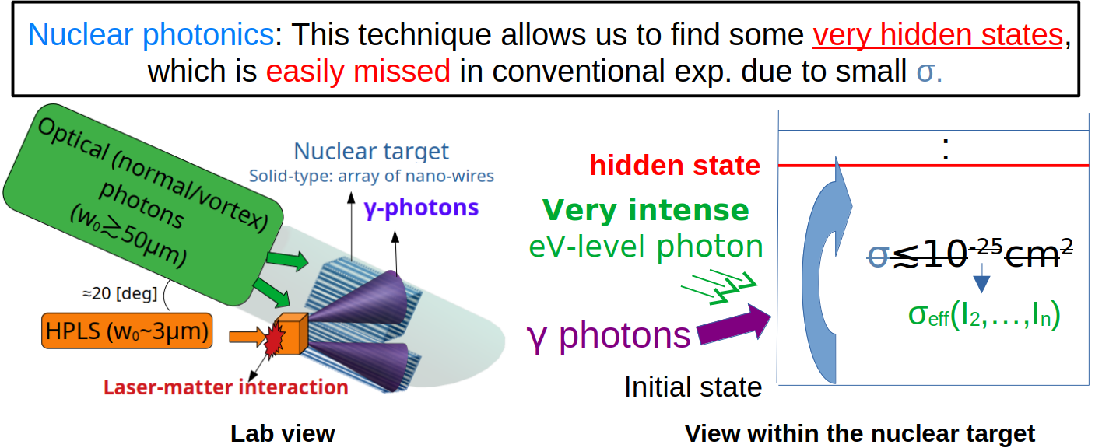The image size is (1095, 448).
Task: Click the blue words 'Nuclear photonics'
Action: [x=150, y=35]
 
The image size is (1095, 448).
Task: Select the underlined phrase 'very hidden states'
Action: [x=938, y=35]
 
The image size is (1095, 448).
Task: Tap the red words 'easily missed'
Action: [x=358, y=71]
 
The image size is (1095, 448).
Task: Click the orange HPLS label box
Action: [x=127, y=331]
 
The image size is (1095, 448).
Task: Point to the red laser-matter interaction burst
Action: [x=274, y=338]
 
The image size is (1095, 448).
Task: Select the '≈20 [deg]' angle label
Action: [x=120, y=293]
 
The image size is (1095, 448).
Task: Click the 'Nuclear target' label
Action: [x=371, y=152]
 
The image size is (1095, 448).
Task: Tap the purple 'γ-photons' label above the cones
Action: [x=421, y=208]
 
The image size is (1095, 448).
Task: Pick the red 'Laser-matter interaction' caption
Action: [x=226, y=387]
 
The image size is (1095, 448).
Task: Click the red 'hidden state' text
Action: [x=675, y=165]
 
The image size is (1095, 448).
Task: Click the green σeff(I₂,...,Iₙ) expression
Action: [x=984, y=315]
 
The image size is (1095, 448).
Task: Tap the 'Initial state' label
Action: [x=693, y=387]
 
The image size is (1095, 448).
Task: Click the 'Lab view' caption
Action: [x=283, y=433]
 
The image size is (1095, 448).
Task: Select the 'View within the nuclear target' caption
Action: [x=859, y=433]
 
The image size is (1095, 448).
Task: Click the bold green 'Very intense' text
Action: [x=646, y=210]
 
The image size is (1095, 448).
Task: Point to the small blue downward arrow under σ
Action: [x=981, y=278]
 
